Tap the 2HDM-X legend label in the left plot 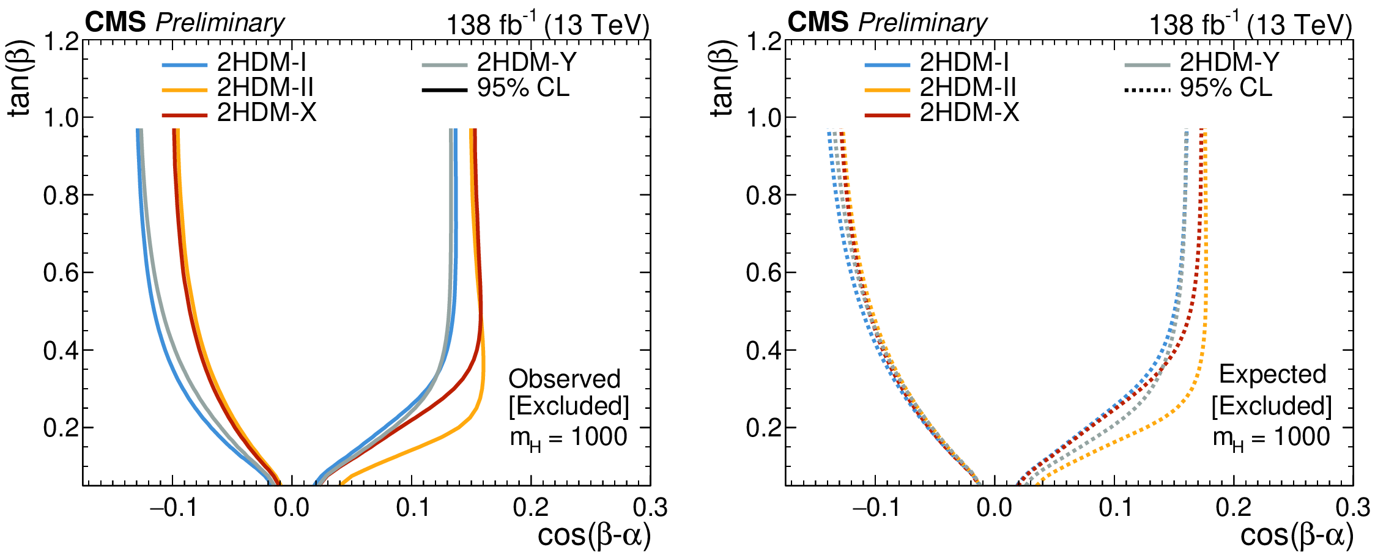point(267,112)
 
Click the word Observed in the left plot point(565,379)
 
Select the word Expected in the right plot point(1272,374)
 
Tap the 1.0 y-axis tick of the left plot point(61,117)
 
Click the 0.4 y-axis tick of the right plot point(764,351)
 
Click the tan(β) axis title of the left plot point(21,79)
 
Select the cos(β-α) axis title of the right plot point(1297,536)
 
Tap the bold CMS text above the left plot point(115,23)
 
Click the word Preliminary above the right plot point(922,23)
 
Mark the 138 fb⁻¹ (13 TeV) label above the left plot point(547,25)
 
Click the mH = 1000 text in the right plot point(1271,438)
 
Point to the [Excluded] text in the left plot point(569,406)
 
